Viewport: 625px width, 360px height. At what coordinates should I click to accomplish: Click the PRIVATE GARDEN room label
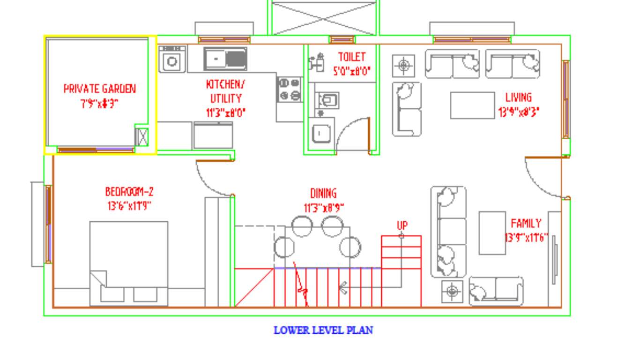[99, 89]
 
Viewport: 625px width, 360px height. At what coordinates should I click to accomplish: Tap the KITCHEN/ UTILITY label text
[225, 91]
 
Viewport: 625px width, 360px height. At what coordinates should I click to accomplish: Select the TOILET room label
[351, 57]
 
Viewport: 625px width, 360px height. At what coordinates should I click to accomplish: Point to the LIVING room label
[518, 97]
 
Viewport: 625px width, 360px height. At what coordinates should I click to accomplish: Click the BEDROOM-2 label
[129, 192]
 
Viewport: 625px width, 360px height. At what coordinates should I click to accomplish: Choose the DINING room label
[323, 194]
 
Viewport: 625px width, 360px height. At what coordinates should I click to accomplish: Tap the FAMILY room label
[526, 223]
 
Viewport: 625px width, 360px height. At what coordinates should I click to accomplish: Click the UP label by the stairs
[402, 226]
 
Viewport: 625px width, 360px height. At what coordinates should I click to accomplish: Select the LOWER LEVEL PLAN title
[323, 330]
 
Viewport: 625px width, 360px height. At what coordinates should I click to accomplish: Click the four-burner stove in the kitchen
[289, 90]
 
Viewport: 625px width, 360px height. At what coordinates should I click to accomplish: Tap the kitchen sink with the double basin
[225, 59]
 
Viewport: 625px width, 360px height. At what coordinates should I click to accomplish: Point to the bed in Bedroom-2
[129, 262]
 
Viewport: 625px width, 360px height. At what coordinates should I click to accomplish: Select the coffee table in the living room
[472, 105]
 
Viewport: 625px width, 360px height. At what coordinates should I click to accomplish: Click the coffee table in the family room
[492, 233]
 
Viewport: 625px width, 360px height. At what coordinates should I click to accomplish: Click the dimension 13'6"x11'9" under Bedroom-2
[129, 206]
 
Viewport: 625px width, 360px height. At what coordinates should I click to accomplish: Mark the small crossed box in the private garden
[142, 137]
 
